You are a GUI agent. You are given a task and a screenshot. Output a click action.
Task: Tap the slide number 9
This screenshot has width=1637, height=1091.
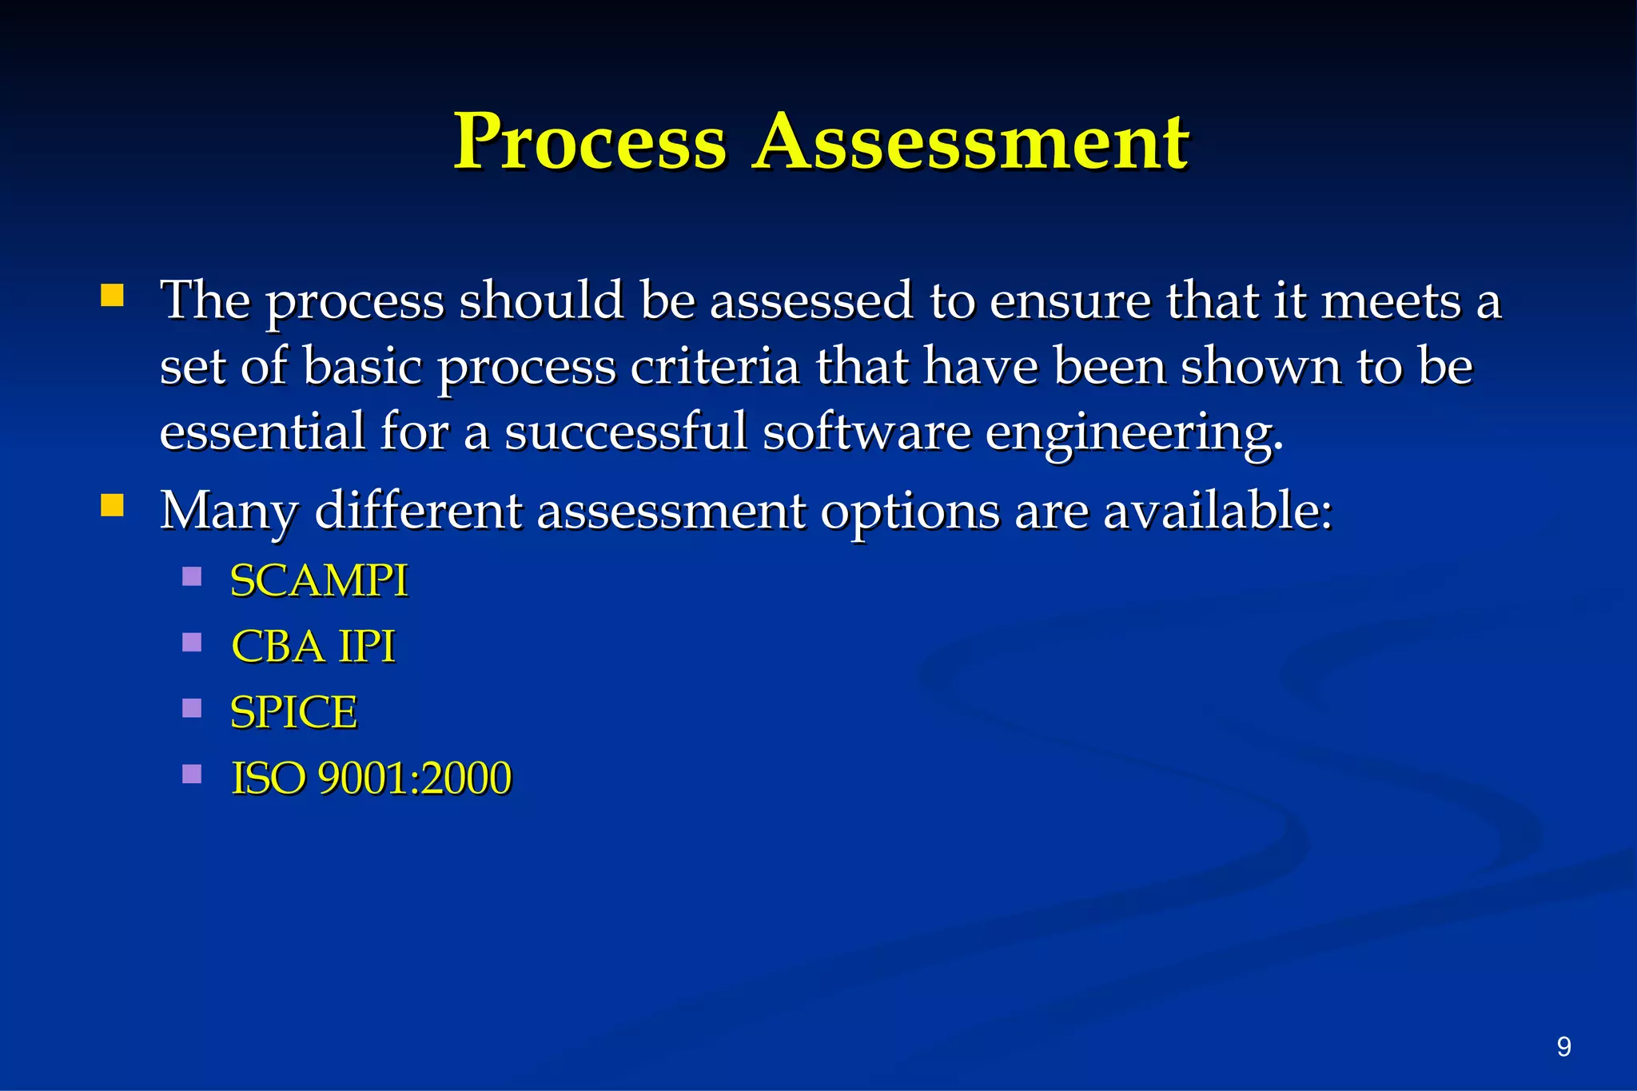(1563, 1046)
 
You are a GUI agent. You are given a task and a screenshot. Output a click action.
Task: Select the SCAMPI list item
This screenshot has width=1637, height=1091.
(319, 580)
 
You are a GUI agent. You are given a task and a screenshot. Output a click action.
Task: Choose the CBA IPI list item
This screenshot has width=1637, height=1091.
(313, 646)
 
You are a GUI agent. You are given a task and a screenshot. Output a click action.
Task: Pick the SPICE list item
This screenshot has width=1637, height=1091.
(293, 712)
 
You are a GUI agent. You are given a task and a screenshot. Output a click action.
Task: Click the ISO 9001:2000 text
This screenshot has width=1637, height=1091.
(371, 778)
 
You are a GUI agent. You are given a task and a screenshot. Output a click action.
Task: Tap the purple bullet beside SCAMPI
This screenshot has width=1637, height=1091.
(192, 576)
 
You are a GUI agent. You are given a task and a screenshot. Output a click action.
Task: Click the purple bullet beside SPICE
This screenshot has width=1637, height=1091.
(192, 708)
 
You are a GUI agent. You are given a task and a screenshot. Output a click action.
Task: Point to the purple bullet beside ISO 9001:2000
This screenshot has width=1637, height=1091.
(192, 774)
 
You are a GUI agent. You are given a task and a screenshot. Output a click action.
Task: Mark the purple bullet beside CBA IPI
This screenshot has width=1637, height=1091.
(192, 643)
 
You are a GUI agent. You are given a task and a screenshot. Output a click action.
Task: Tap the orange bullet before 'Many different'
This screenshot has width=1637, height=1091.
(113, 506)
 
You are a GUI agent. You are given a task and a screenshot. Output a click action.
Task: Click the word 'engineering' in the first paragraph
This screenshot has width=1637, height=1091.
(1133, 433)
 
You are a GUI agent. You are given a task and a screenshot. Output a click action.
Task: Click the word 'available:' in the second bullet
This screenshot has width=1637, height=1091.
(1218, 510)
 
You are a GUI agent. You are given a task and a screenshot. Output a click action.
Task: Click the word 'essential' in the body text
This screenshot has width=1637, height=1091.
(263, 432)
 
